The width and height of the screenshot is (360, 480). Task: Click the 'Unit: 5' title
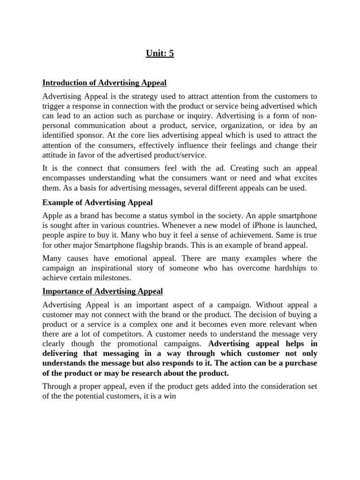[x=159, y=53]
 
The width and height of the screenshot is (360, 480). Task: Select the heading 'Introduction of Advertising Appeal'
[x=104, y=83]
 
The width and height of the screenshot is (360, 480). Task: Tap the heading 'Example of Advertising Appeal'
[x=97, y=202]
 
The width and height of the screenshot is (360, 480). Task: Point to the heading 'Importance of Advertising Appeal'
[x=102, y=291]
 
